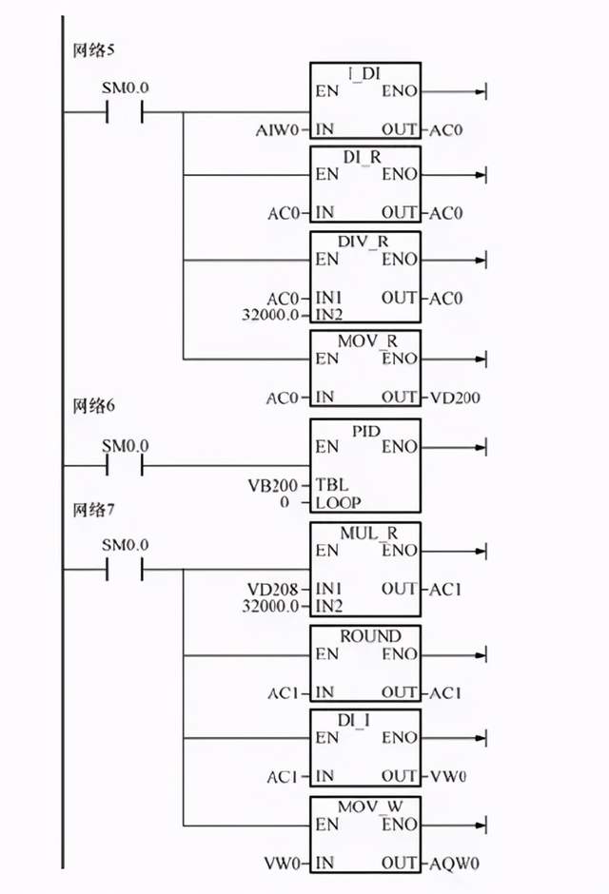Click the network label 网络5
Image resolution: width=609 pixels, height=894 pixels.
[94, 49]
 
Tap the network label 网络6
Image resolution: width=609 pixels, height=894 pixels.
[94, 406]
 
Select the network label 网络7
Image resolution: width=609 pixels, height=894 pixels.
[94, 510]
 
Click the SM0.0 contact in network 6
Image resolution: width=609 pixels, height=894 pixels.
[125, 466]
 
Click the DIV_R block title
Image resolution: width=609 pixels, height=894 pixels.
[365, 242]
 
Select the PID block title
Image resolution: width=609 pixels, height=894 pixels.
[365, 433]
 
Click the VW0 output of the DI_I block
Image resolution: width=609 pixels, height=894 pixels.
[450, 778]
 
